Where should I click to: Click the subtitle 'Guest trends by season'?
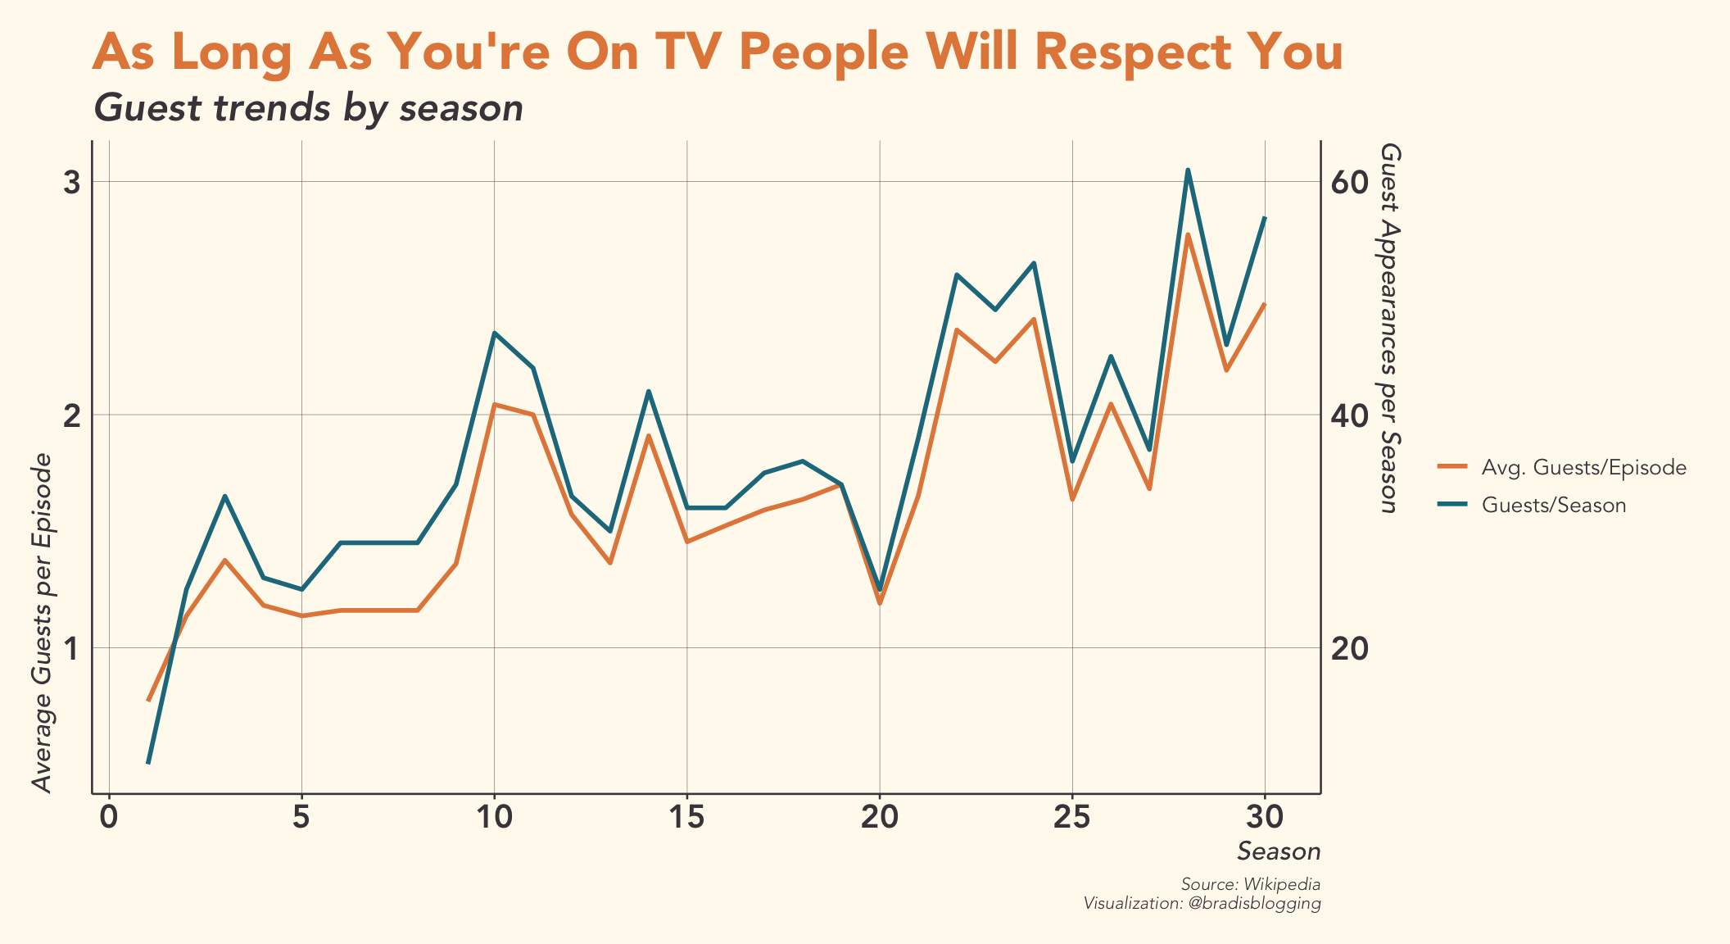pyautogui.click(x=309, y=108)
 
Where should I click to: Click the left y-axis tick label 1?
pyautogui.click(x=72, y=649)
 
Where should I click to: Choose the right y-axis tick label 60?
pyautogui.click(x=1350, y=183)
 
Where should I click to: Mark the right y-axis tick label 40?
pyautogui.click(x=1350, y=415)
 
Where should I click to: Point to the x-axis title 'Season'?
pyautogui.click(x=1279, y=852)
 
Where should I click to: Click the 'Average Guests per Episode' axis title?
pyautogui.click(x=43, y=623)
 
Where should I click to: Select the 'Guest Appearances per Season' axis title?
pyautogui.click(x=1389, y=328)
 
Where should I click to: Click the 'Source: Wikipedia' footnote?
pyautogui.click(x=1251, y=885)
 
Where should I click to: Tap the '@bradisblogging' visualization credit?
pyautogui.click(x=1253, y=904)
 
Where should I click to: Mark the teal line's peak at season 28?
pyautogui.click(x=1188, y=170)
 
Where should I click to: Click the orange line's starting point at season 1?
pyautogui.click(x=148, y=701)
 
